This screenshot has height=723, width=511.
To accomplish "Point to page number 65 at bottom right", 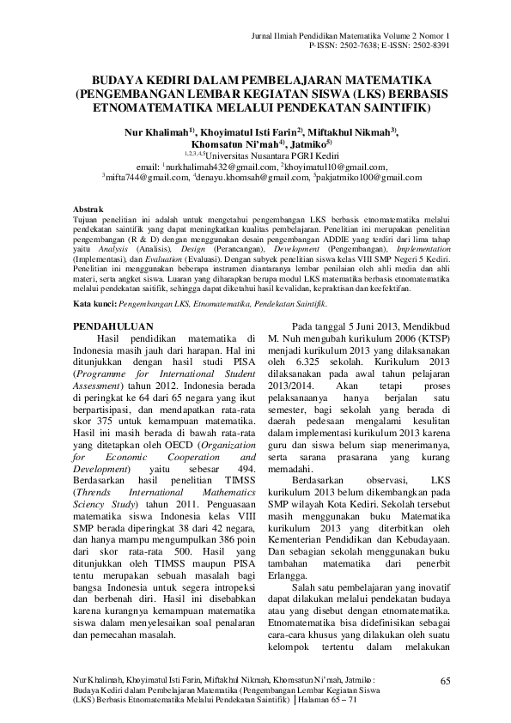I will [444, 681].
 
